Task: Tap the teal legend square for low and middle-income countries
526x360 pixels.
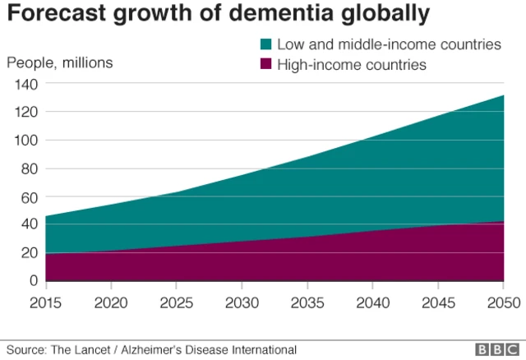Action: [x=266, y=44]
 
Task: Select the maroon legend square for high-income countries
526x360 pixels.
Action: [x=266, y=65]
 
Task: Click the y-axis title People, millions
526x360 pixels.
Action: [x=60, y=62]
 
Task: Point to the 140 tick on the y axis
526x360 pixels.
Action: [x=26, y=84]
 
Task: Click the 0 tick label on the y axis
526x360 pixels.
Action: [x=34, y=281]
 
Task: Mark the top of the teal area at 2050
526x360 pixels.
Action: [x=502, y=95]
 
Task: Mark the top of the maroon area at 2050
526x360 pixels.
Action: [x=502, y=221]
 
